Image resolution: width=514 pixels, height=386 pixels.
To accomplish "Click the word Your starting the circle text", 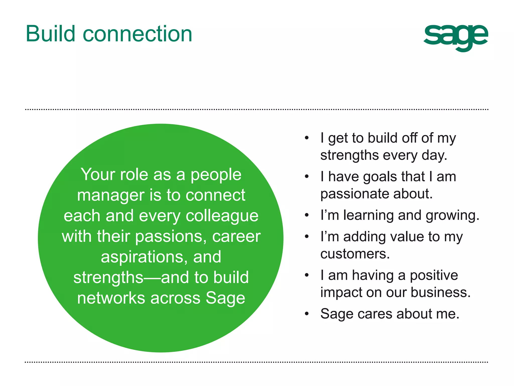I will click(x=98, y=175).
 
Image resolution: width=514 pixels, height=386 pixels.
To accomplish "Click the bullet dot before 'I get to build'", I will click(x=306, y=138).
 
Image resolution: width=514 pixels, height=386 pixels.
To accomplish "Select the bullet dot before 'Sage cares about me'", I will click(x=306, y=314).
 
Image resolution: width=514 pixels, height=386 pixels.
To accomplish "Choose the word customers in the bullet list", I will click(x=355, y=254).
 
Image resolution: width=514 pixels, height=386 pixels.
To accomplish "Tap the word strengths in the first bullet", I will click(x=349, y=155).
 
